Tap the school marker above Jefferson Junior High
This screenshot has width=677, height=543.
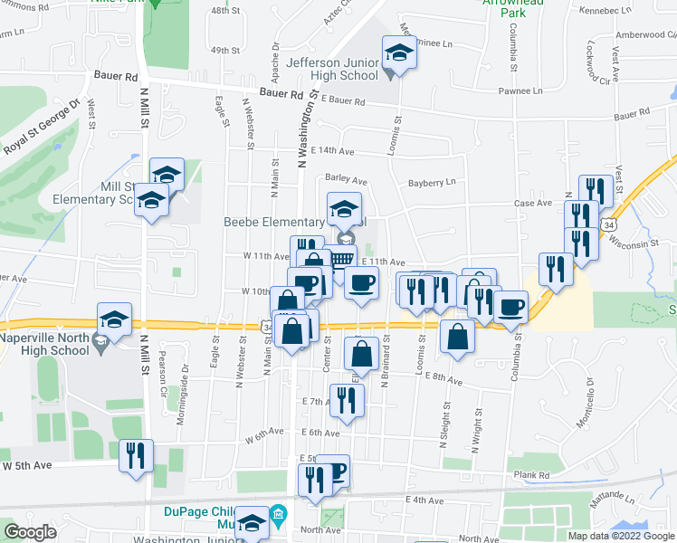click(x=398, y=53)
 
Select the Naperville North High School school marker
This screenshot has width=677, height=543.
click(x=114, y=319)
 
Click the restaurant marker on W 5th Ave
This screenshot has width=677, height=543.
click(x=136, y=457)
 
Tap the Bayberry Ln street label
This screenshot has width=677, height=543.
click(x=432, y=182)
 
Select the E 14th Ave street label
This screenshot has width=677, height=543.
click(x=331, y=150)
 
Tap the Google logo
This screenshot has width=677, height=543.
click(x=30, y=532)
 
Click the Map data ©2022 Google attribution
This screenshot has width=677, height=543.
click(x=620, y=536)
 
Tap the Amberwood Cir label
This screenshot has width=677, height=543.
click(x=644, y=35)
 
